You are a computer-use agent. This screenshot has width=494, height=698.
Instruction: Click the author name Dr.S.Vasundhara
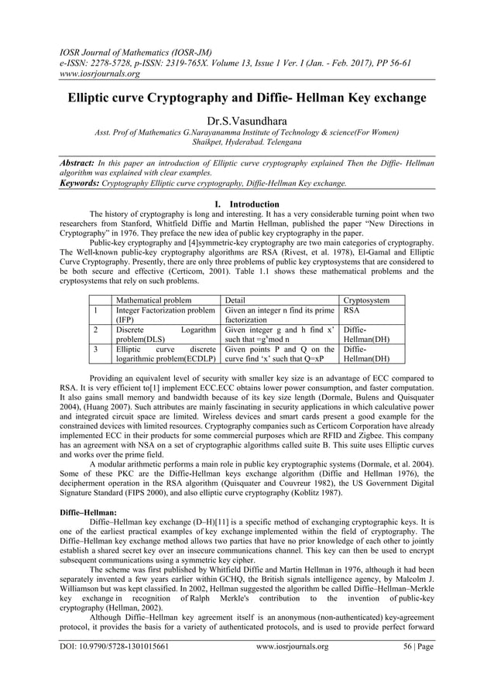tap(247, 121)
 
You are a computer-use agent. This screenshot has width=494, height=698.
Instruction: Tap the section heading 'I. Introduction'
tap(247, 204)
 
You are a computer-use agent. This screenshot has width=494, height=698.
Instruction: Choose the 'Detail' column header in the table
tap(237, 299)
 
